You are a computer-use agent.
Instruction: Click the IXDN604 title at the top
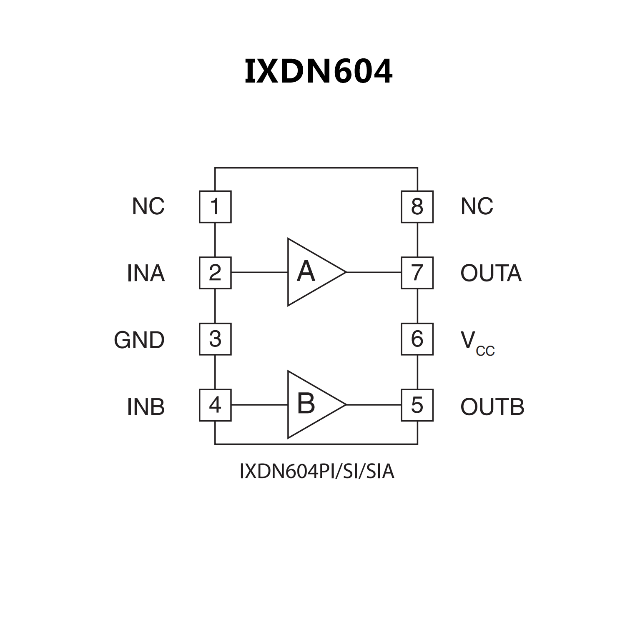click(x=318, y=71)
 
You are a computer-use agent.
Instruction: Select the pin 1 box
click(x=215, y=207)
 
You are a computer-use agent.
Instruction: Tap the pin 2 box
click(x=215, y=273)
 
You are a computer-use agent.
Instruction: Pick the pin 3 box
click(x=215, y=339)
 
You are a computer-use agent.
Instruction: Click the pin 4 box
click(x=215, y=405)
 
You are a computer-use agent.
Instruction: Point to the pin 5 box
click(x=417, y=405)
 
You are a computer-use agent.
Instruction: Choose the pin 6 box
click(x=417, y=339)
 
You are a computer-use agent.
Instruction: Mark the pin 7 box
click(x=417, y=273)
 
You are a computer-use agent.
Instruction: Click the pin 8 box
click(x=417, y=207)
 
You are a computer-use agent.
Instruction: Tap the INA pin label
click(x=146, y=274)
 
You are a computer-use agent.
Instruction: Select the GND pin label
click(x=139, y=340)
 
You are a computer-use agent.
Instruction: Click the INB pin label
click(x=146, y=407)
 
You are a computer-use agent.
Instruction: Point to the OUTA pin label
click(x=491, y=274)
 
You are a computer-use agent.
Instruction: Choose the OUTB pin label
click(x=492, y=407)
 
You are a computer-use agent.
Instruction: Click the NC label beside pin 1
click(x=148, y=206)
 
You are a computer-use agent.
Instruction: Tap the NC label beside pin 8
click(x=477, y=206)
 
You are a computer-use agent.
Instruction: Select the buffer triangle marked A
click(x=311, y=272)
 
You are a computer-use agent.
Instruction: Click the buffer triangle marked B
click(x=311, y=404)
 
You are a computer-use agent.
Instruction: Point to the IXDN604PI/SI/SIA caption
click(x=317, y=472)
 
